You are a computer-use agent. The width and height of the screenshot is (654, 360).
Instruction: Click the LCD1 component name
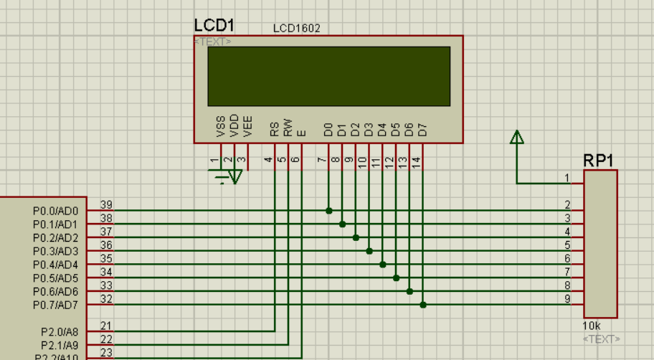(x=214, y=25)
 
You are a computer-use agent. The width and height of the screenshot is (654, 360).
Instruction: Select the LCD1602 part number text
(x=296, y=29)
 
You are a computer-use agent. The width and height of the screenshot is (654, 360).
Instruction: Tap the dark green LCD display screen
(x=328, y=76)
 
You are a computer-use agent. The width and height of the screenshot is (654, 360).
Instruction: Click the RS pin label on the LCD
(x=274, y=129)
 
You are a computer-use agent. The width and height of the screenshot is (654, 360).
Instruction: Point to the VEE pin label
(x=247, y=126)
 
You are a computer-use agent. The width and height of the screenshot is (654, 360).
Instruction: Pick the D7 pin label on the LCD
(x=422, y=130)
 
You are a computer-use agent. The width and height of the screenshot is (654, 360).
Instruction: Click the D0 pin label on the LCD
(x=328, y=130)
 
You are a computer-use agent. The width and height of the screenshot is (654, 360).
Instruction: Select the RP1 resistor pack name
(x=598, y=161)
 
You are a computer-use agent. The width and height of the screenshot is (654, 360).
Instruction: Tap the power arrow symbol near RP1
(x=516, y=137)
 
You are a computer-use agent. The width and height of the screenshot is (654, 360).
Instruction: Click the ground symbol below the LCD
(x=229, y=176)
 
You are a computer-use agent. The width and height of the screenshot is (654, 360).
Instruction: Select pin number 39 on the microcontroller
(x=106, y=205)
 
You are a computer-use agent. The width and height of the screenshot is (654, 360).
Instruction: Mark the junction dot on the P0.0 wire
(x=328, y=211)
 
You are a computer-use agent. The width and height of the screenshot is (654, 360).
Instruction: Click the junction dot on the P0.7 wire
(x=423, y=305)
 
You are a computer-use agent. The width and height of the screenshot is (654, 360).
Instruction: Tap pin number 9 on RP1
(x=567, y=298)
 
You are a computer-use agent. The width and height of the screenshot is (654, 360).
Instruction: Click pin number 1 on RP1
(x=567, y=178)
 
